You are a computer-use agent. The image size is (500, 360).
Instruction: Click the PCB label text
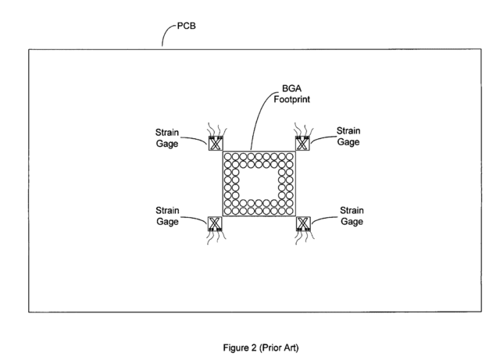[186, 26]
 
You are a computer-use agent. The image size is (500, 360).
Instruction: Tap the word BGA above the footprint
[291, 88]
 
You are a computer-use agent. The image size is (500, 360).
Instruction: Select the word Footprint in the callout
[291, 99]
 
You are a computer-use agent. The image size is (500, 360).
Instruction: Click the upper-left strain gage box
[216, 144]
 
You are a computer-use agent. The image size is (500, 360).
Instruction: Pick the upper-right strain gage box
[302, 144]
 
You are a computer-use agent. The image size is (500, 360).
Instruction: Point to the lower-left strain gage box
[215, 223]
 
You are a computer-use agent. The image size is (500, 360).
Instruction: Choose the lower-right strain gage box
[303, 223]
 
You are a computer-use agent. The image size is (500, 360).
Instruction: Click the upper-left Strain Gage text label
[167, 137]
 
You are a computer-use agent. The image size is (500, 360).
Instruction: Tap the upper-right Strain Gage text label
[348, 136]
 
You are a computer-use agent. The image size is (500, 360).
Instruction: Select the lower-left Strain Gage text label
[167, 216]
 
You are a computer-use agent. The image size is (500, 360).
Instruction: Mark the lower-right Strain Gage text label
[352, 216]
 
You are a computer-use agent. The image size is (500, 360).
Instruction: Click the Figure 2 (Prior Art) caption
[261, 348]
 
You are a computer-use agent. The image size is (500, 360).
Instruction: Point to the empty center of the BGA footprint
[259, 184]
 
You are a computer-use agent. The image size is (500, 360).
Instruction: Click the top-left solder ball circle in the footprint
[227, 157]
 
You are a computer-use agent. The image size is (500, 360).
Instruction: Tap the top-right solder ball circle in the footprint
[290, 157]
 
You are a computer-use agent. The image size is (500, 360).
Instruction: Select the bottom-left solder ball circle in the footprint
[227, 211]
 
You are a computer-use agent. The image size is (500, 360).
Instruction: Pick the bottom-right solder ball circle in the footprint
[290, 211]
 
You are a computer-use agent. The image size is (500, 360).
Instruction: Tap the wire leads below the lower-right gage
[305, 237]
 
